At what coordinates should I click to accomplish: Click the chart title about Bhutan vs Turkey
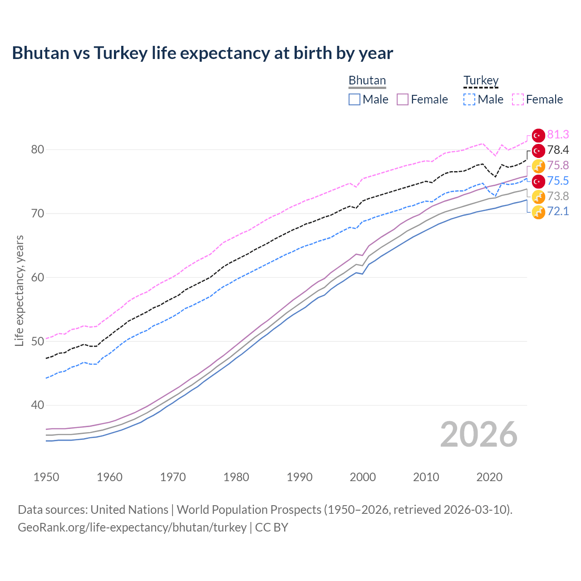tap(202, 53)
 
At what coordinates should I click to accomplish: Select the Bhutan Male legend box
tap(355, 99)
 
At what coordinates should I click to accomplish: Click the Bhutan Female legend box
tap(403, 99)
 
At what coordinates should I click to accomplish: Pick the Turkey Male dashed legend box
tap(469, 99)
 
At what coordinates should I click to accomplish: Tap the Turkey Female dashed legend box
tap(518, 99)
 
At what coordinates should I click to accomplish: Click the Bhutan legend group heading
tap(367, 80)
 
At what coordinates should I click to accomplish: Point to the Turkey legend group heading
tap(481, 80)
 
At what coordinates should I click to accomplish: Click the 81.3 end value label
tap(558, 135)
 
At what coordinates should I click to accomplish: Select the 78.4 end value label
tap(558, 150)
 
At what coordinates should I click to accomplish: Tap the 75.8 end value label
tap(558, 166)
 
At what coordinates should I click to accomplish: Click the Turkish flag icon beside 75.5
tap(538, 181)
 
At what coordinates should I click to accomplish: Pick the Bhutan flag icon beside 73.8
tap(538, 197)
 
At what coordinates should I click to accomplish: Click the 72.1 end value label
tap(558, 212)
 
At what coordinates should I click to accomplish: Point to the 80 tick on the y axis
tap(38, 150)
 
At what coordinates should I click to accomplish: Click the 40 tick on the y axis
tap(38, 405)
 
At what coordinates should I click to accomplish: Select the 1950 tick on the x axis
tap(46, 477)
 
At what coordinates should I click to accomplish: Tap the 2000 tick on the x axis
tap(363, 477)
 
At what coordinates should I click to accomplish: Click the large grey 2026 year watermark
tap(478, 434)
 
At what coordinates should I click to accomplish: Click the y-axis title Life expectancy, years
tap(19, 290)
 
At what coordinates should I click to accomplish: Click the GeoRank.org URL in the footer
tap(132, 527)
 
